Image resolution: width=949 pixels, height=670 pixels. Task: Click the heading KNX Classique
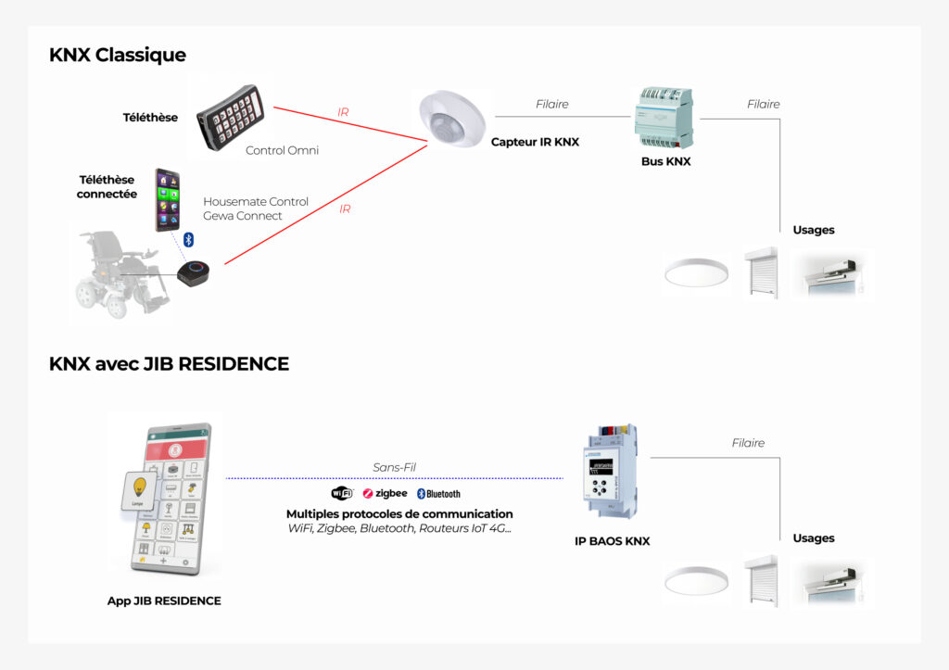[x=118, y=56]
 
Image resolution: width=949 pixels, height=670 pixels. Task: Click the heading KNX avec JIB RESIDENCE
[x=169, y=364]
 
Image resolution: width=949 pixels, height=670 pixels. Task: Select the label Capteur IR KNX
[x=535, y=142]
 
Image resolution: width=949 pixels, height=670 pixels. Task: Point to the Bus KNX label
[x=665, y=161]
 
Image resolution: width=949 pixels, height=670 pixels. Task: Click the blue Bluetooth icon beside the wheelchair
[x=187, y=239]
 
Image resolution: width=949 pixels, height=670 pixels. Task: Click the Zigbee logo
[x=385, y=494]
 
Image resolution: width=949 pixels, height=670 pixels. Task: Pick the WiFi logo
[x=342, y=493]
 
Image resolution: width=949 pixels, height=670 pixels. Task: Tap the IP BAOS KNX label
[x=612, y=541]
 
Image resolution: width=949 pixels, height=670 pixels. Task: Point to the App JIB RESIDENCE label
[x=164, y=600]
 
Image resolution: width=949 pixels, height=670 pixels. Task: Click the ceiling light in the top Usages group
[x=696, y=273]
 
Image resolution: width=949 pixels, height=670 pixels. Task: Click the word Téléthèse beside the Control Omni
[x=150, y=118]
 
